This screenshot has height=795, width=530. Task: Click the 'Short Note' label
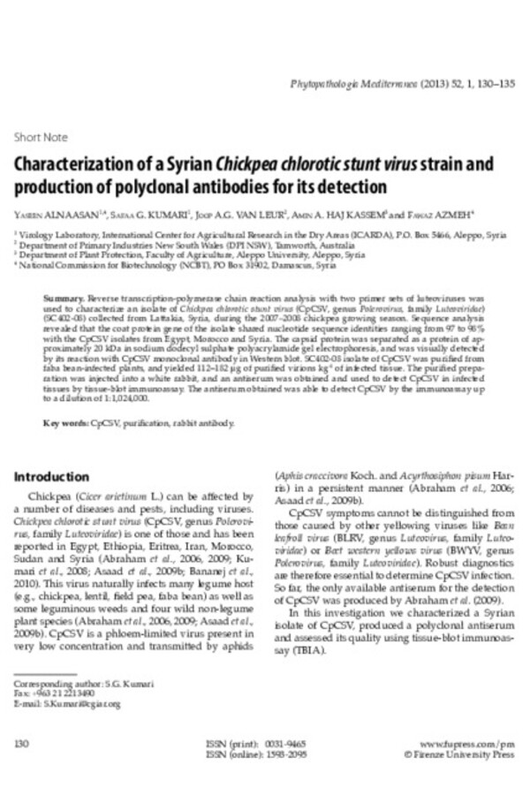(41, 138)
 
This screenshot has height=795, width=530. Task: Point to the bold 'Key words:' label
(67, 423)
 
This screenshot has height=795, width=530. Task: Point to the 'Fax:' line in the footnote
(49, 694)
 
